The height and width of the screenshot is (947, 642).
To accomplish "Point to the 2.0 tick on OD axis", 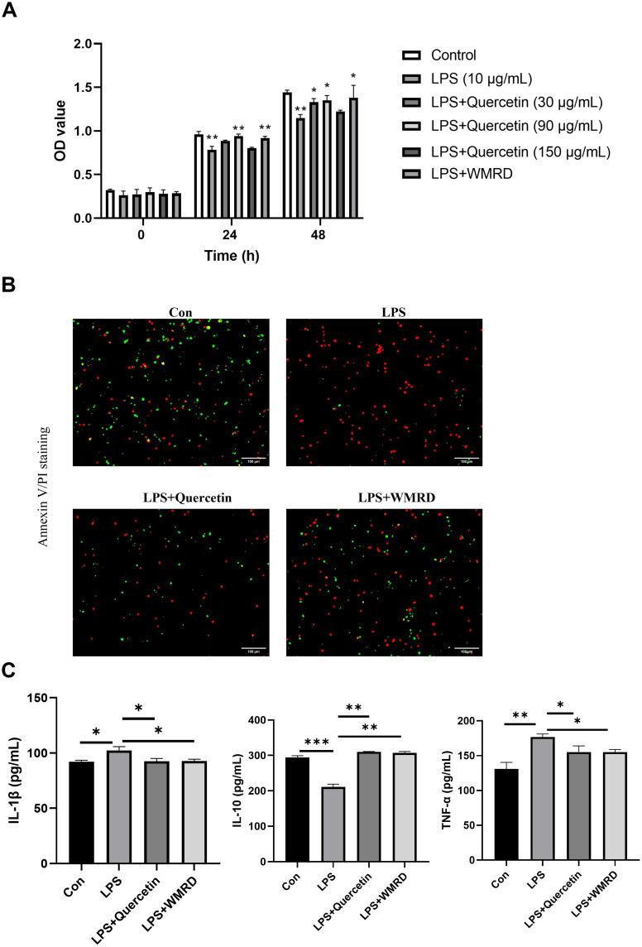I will [x=80, y=44].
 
